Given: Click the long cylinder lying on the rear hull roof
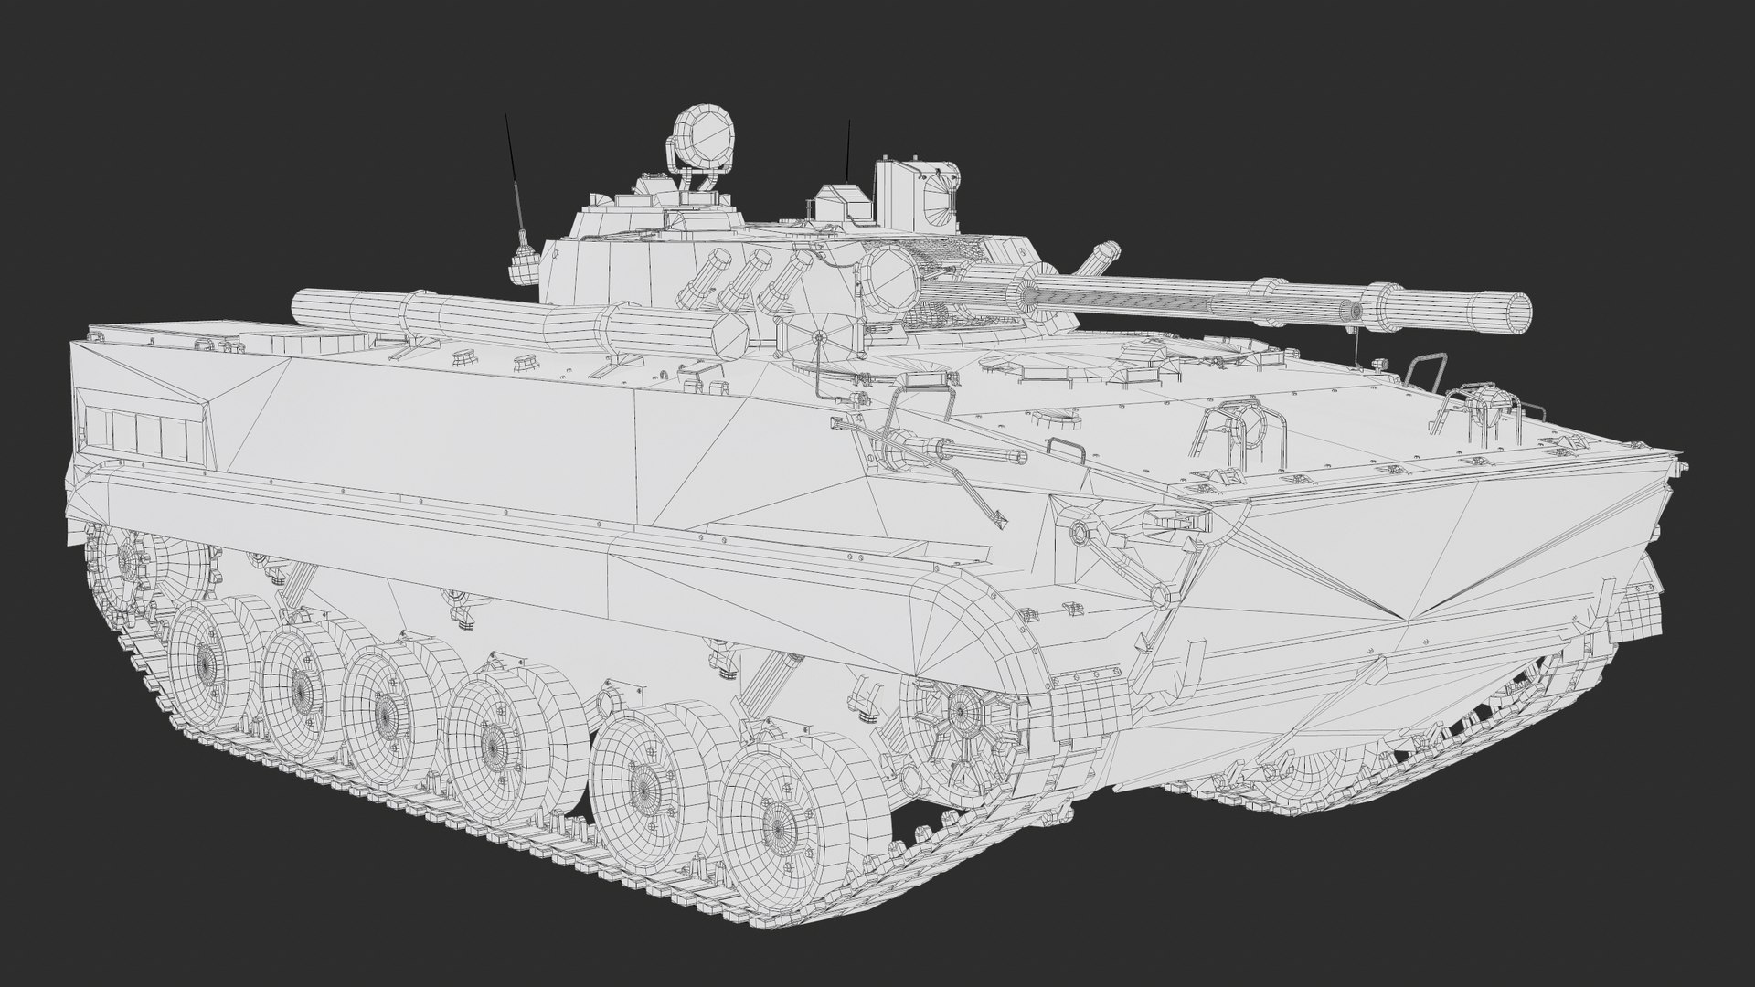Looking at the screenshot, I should pos(503,315).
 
